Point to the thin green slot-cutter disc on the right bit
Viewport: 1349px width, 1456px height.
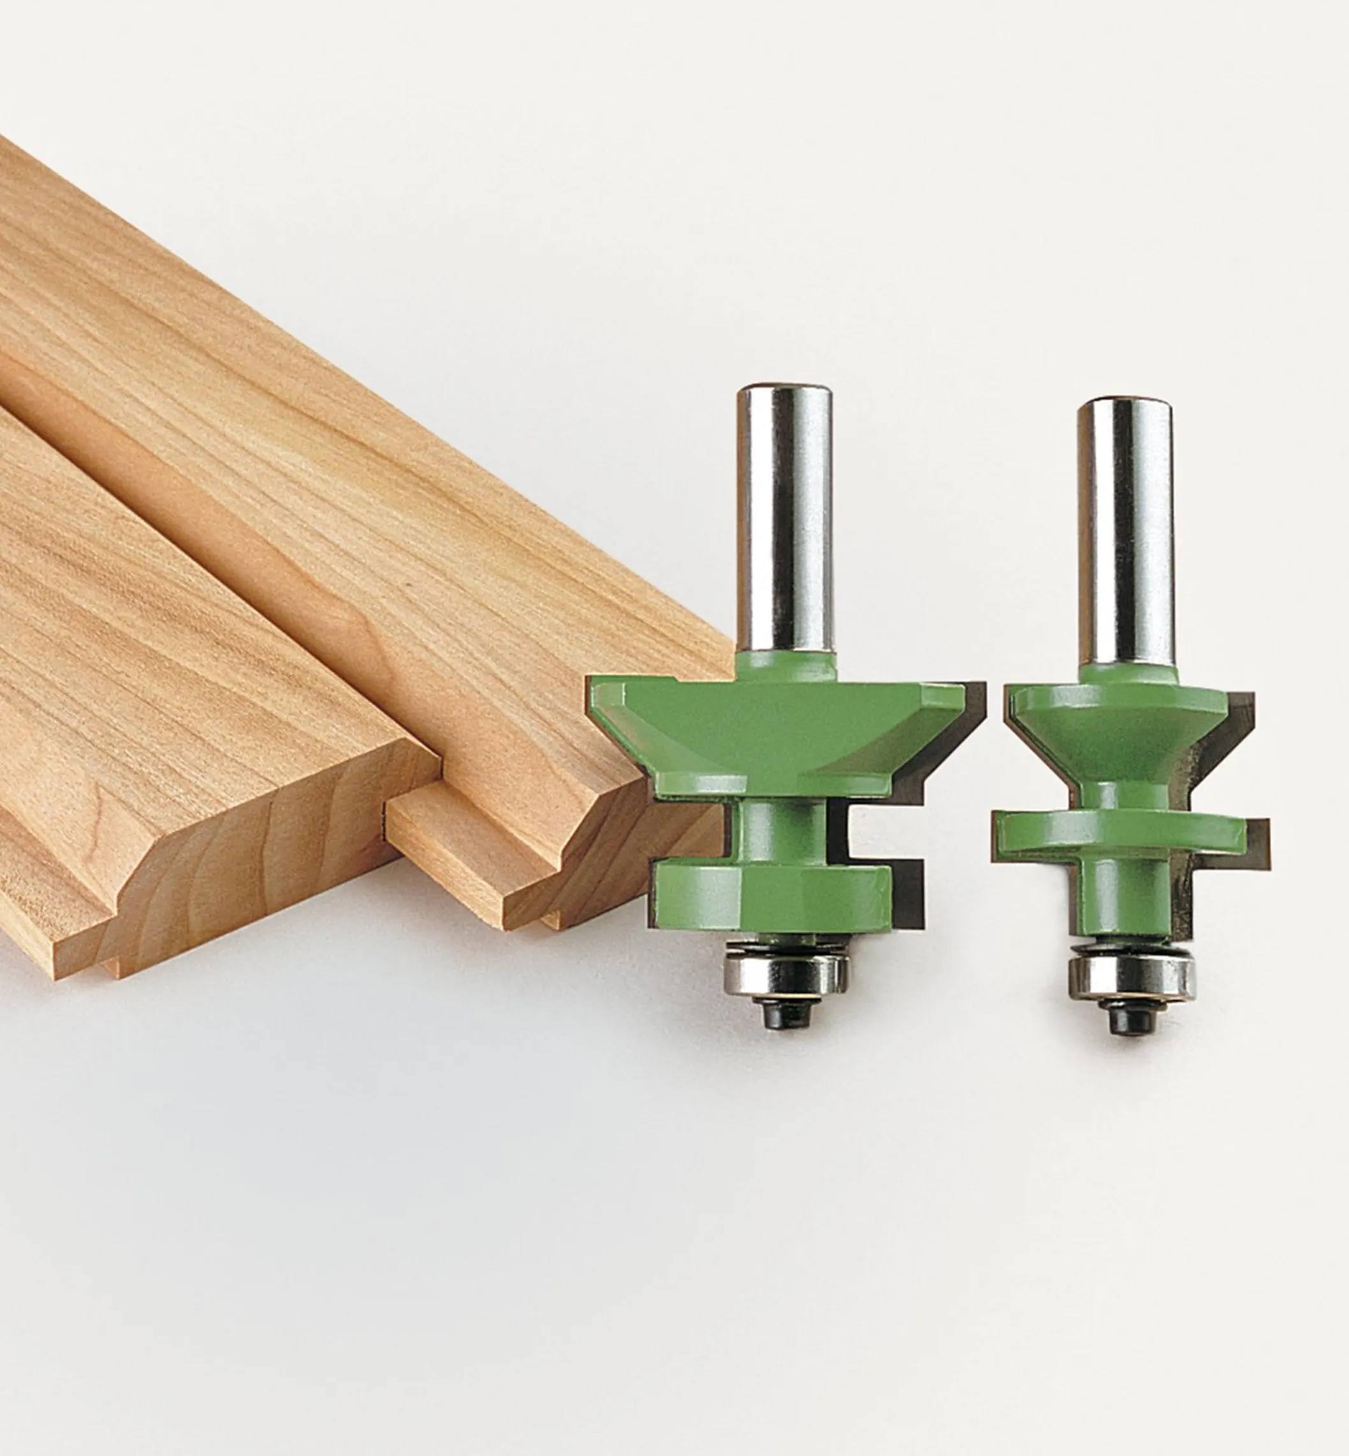click(1117, 837)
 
